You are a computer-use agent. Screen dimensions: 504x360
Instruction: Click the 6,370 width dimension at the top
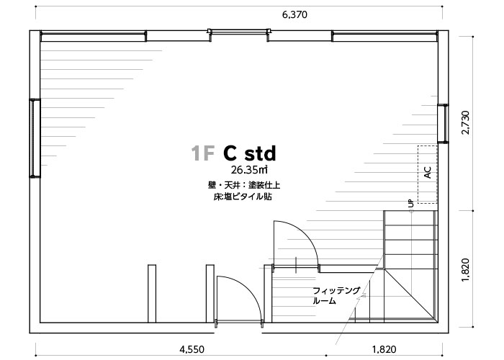[294, 15]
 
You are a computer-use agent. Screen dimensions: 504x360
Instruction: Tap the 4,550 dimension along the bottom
[192, 349]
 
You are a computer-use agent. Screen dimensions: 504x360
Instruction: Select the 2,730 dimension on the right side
[465, 122]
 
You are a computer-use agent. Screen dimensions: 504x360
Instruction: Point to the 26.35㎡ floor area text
[249, 169]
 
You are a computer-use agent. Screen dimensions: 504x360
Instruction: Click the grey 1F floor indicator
[202, 153]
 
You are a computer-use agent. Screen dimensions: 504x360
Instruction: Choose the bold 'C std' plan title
[250, 153]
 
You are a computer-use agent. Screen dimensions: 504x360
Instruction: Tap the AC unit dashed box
[428, 174]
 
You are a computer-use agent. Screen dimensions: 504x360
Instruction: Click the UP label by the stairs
[411, 203]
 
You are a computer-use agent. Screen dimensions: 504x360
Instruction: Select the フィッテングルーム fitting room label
[336, 296]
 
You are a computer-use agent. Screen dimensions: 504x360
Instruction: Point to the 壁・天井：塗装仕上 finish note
[244, 186]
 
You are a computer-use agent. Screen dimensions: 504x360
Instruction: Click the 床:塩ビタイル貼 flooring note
[243, 197]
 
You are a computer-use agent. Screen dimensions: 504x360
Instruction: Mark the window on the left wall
[35, 138]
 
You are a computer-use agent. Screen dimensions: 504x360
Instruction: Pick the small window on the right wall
[443, 123]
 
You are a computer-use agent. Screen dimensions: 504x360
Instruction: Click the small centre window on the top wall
[239, 32]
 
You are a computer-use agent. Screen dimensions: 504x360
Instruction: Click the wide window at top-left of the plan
[94, 36]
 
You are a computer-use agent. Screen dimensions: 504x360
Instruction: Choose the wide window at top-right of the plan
[384, 36]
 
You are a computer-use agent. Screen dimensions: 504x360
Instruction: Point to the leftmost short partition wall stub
[152, 294]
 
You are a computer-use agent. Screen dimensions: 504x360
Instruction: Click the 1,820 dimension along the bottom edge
[384, 349]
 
